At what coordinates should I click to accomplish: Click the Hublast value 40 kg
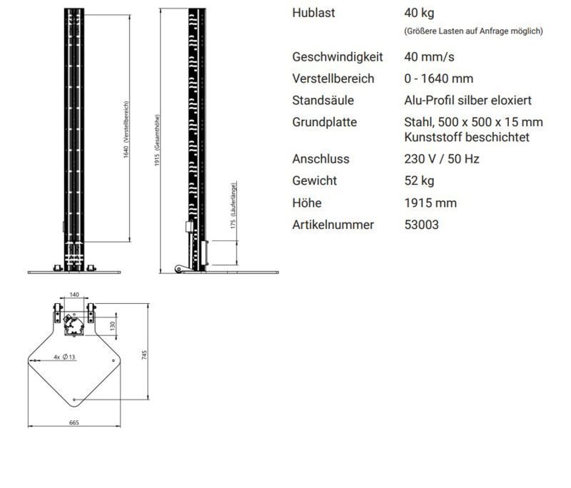pos(419,13)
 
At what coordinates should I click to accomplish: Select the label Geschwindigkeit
pos(338,57)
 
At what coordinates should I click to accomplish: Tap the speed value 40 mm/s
pos(429,57)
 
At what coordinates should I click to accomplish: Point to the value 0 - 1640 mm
pos(438,78)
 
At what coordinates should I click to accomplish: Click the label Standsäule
pos(323,101)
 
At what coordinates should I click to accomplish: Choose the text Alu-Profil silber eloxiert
pos(468,101)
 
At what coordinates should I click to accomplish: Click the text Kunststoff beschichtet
pos(467,137)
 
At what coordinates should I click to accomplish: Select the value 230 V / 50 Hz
pos(441,159)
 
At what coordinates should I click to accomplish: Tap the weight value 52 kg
pos(419,181)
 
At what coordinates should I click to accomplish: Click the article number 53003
pos(421,225)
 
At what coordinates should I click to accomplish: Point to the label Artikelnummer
pos(333,225)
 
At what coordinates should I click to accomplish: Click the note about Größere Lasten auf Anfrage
pos(473,31)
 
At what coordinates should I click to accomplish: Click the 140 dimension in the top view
pos(74,295)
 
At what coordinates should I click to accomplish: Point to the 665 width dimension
pos(74,422)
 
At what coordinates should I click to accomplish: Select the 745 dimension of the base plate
pos(144,355)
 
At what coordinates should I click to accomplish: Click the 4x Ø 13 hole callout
pos(64,357)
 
